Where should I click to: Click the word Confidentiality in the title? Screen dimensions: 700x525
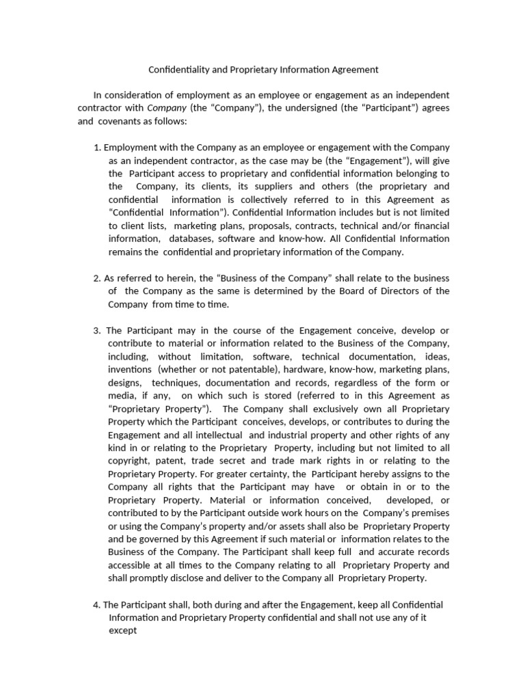point(178,70)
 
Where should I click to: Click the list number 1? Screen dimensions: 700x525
point(96,148)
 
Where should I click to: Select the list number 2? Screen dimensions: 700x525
point(96,278)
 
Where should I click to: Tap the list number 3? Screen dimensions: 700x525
point(96,331)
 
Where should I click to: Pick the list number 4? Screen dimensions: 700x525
point(96,605)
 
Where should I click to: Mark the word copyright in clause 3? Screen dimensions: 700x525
point(129,461)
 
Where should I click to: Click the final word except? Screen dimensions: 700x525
point(123,631)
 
